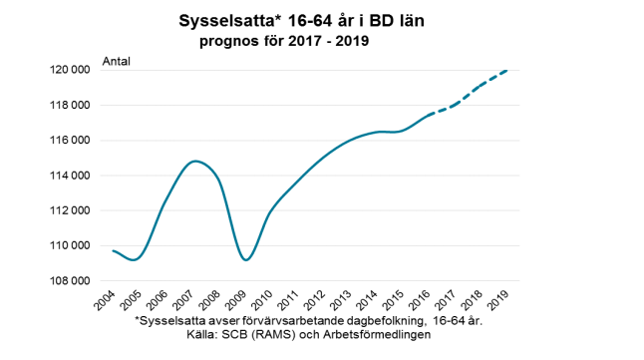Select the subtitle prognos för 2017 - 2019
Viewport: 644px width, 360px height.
click(x=283, y=42)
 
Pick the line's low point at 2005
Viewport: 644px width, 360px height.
click(x=136, y=259)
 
